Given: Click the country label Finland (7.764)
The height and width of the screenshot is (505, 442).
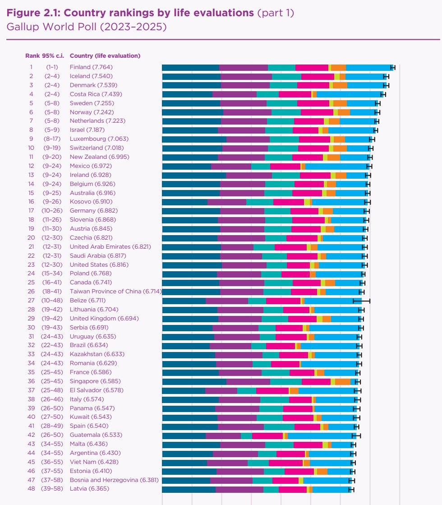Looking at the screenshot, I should click(x=92, y=67).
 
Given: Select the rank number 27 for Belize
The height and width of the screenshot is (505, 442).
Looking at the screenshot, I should click(x=31, y=300).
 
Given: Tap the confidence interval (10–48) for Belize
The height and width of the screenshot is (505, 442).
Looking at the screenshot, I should click(x=53, y=300).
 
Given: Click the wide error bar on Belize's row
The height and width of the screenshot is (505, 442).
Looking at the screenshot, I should click(x=361, y=300).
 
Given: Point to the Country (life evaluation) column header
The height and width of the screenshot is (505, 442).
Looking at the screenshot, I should click(x=105, y=56).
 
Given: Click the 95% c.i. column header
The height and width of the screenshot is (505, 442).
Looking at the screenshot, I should click(x=53, y=56).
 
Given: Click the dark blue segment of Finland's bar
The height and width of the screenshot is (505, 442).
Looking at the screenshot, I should click(x=190, y=67).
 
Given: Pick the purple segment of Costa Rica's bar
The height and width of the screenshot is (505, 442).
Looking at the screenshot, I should click(x=235, y=94).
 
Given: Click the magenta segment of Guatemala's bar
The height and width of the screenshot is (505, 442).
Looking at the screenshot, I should click(x=267, y=435).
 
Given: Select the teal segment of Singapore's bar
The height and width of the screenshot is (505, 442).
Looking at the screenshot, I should click(x=285, y=381).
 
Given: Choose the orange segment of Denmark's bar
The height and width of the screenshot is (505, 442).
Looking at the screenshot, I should click(x=340, y=85).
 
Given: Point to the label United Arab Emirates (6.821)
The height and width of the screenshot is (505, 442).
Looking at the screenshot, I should click(x=110, y=247).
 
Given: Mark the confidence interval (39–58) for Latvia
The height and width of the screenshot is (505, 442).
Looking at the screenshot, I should click(x=53, y=489).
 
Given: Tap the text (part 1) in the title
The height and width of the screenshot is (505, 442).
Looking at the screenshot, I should click(x=276, y=13).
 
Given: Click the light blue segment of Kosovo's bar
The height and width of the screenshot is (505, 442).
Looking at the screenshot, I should click(x=339, y=202).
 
